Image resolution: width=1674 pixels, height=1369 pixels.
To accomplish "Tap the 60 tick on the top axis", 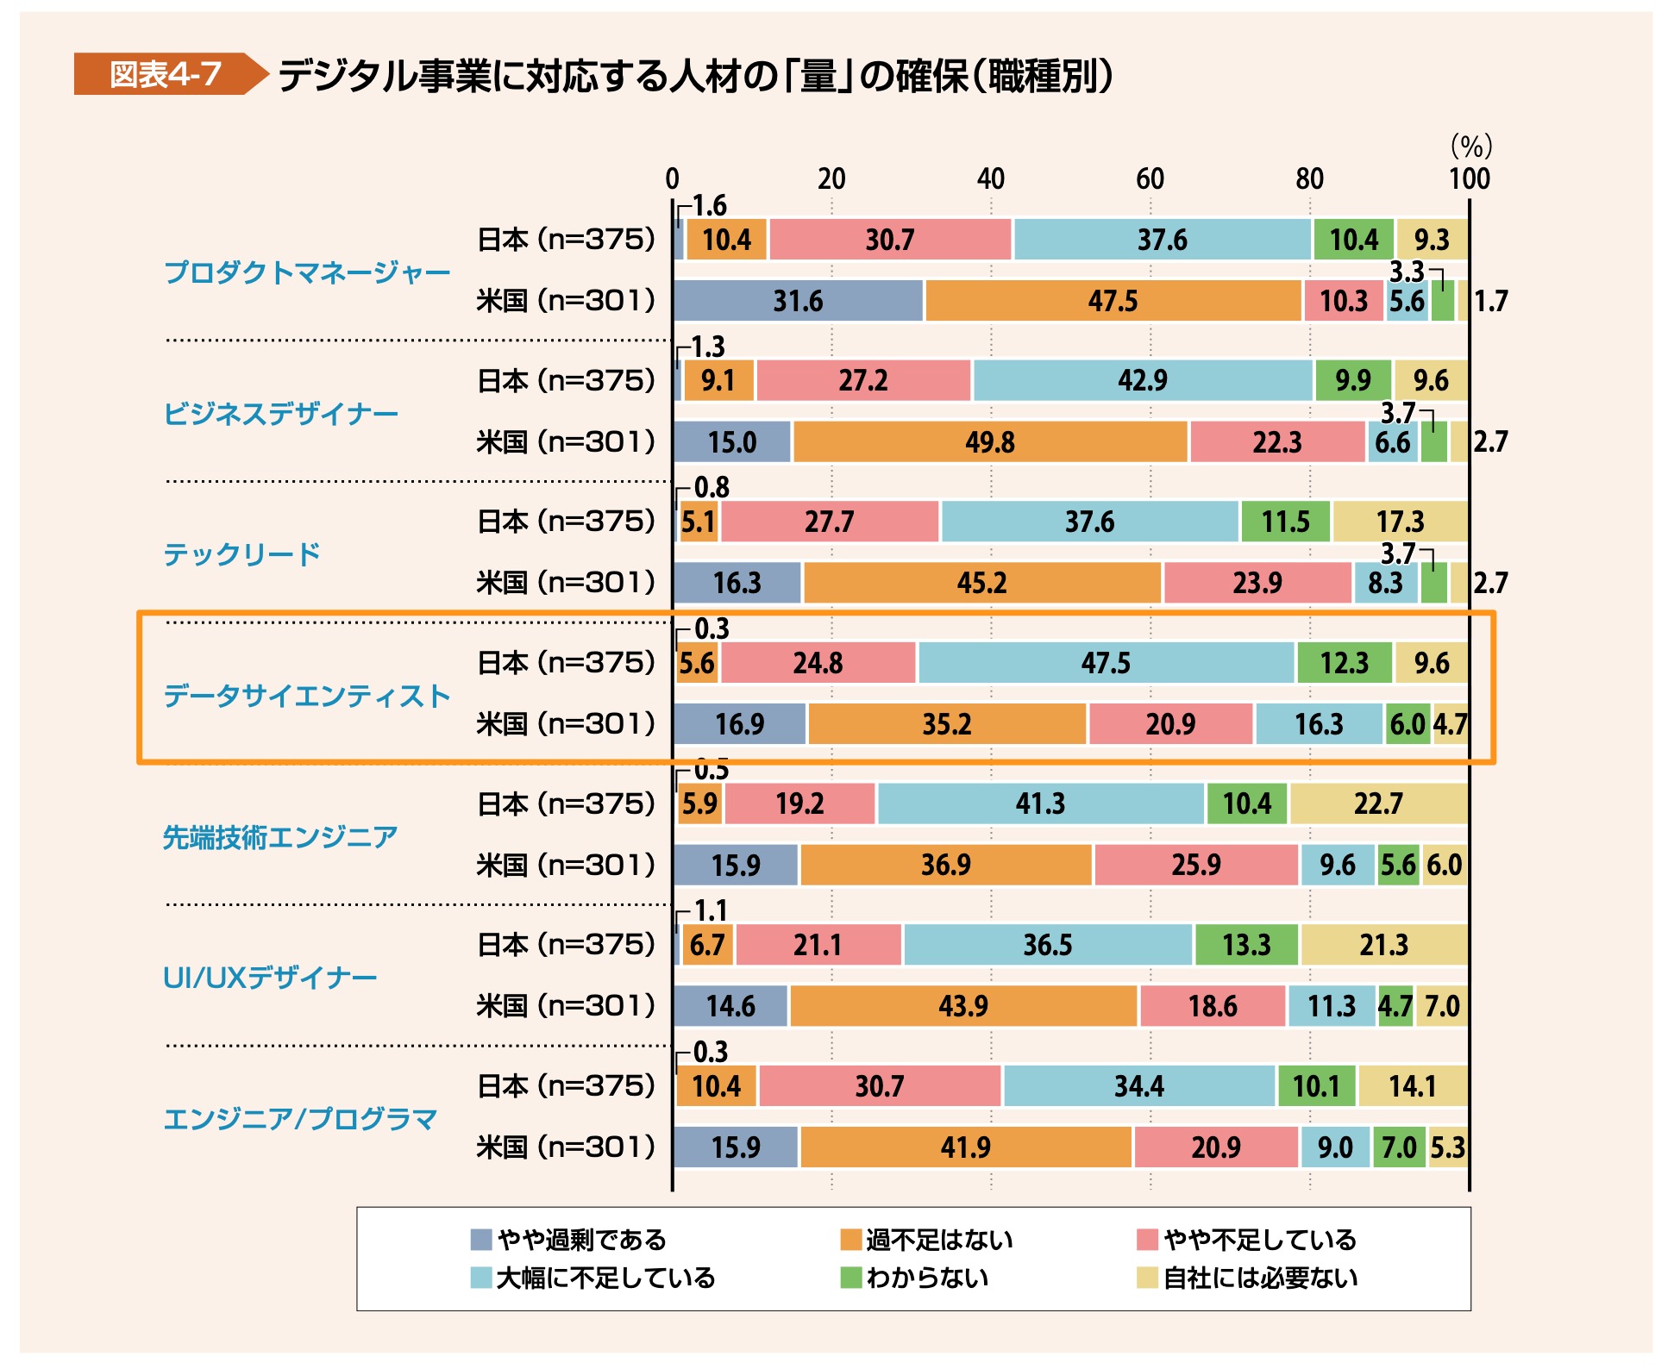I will [x=1150, y=179].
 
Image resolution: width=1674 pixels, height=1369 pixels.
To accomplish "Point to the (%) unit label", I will [x=1470, y=146].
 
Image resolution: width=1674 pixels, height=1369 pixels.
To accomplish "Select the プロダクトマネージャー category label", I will [x=307, y=272].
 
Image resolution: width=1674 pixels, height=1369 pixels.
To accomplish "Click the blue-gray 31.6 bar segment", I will [x=798, y=301].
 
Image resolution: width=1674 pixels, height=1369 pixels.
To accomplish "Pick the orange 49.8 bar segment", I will [x=990, y=442].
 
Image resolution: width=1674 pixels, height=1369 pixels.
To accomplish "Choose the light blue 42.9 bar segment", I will [x=1143, y=380].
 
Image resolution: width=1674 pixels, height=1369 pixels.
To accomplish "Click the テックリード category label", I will [x=242, y=553].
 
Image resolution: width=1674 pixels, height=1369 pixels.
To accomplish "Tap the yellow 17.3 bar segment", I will [x=1400, y=522].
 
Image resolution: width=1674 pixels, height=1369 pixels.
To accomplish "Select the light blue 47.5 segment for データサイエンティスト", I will [x=1106, y=663].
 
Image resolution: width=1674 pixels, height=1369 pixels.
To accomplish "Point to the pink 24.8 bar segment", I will [x=818, y=663].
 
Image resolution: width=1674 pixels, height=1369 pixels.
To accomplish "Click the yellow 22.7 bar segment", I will [x=1378, y=803].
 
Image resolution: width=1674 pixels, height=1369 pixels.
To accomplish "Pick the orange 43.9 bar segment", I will [x=963, y=1006].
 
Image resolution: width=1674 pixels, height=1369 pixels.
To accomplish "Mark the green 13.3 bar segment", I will [x=1246, y=945].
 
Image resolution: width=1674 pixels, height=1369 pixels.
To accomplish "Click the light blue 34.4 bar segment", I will [x=1138, y=1086].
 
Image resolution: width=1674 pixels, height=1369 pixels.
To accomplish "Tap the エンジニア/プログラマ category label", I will [x=300, y=1119].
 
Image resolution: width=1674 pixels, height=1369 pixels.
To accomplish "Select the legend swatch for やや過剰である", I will [x=480, y=1240].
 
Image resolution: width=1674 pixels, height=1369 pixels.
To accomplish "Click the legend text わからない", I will [x=927, y=1278].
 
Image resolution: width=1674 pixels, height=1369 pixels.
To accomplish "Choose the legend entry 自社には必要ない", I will [x=1260, y=1278].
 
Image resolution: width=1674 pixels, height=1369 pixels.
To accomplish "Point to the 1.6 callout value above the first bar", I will [x=709, y=205].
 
